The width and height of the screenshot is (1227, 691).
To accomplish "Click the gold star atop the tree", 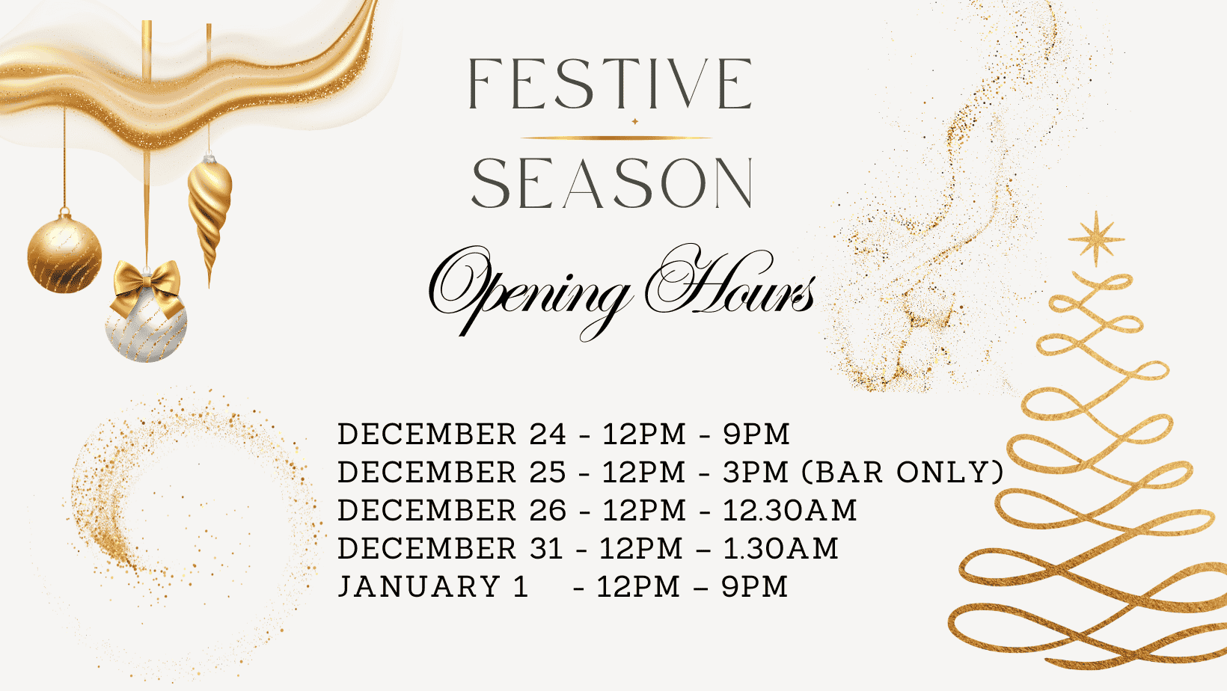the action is pos(1096,239).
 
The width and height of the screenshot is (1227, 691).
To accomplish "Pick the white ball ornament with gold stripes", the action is pos(146,328).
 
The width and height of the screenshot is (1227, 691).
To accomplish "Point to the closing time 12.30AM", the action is pos(789,510).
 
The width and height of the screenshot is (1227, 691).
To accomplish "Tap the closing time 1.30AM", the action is pos(780,549).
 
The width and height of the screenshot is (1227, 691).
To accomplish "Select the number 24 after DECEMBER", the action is pos(548,434).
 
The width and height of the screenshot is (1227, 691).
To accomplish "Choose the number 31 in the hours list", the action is pos(546,549).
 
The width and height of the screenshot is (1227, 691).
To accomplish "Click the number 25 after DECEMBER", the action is pos(548,472).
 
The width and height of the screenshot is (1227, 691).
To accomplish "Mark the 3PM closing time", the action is pos(756,472).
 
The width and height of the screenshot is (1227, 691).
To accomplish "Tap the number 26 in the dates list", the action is pos(548,510).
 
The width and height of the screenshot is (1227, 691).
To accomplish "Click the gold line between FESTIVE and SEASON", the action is pos(616,138).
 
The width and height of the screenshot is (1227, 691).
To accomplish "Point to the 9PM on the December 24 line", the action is pos(756,434).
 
